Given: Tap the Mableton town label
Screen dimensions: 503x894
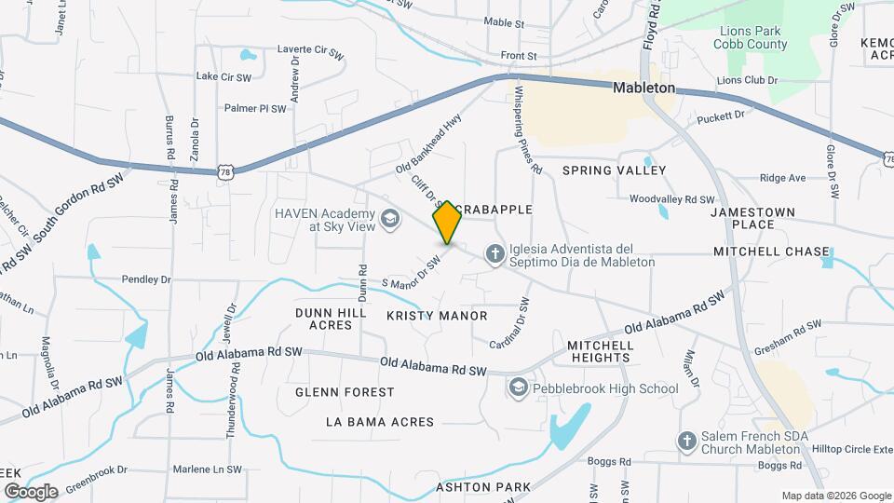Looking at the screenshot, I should (x=643, y=88).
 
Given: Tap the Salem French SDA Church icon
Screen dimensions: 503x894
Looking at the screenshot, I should (x=686, y=441).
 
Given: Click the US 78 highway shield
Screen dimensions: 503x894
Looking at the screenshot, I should (x=226, y=171).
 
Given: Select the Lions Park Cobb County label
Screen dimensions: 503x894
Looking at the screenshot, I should (x=752, y=37).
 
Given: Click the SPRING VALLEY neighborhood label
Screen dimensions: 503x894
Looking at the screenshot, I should (x=614, y=170).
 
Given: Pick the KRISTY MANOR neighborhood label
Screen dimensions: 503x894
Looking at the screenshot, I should (x=437, y=316).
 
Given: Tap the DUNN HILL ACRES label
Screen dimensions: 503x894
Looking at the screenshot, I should (x=324, y=319).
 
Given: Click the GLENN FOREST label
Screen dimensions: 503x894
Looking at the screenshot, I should (x=345, y=392).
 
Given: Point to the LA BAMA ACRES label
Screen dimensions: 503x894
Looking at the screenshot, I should (x=379, y=422).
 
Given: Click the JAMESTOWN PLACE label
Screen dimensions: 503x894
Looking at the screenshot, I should (x=753, y=218).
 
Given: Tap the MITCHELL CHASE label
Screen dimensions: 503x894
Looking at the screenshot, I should (x=771, y=251).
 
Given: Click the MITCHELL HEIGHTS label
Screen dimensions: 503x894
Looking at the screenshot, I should (x=601, y=351).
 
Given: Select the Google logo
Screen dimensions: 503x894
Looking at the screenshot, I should (x=30, y=491).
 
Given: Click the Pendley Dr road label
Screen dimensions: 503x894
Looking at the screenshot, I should (x=146, y=279).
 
